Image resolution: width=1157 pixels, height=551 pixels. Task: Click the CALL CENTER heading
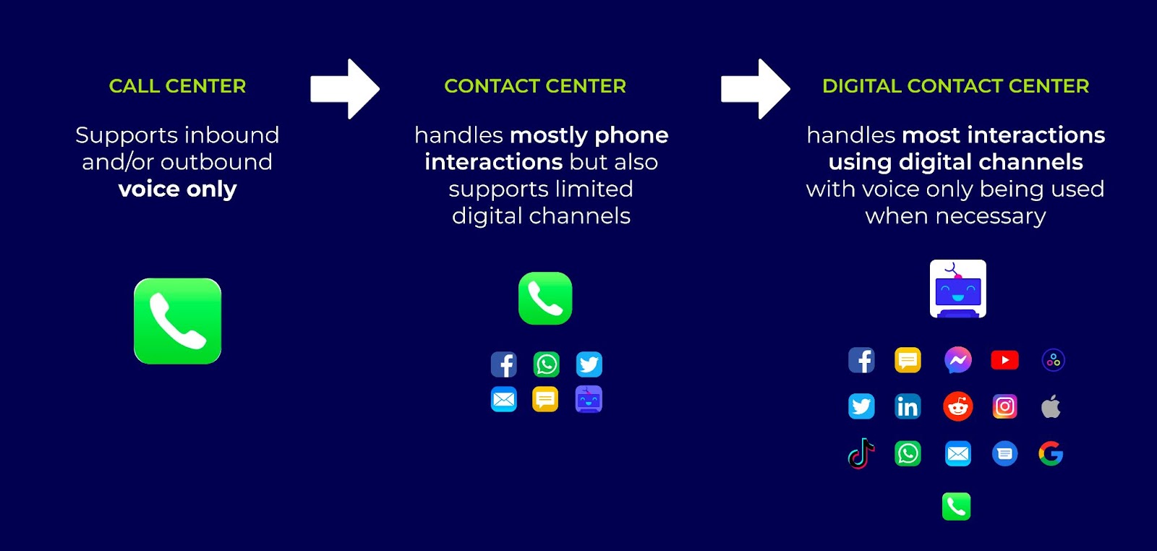click(x=177, y=86)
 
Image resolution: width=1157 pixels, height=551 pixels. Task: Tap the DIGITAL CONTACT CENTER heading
click(x=955, y=86)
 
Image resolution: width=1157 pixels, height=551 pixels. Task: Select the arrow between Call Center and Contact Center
click(x=345, y=89)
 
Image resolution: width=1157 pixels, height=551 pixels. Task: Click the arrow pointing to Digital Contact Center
click(x=756, y=89)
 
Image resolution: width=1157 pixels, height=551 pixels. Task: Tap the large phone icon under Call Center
click(x=178, y=321)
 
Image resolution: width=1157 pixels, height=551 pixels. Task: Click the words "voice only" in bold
click(x=177, y=189)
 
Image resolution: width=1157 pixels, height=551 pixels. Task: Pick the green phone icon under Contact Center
click(x=545, y=299)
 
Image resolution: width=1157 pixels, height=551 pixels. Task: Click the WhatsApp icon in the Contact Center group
click(x=547, y=364)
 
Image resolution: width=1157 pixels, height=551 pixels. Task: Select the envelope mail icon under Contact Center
click(x=503, y=399)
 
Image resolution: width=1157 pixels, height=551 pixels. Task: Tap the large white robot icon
click(x=958, y=289)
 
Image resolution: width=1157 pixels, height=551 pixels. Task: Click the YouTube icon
click(x=1004, y=360)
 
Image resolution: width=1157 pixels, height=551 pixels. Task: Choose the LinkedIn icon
click(x=908, y=406)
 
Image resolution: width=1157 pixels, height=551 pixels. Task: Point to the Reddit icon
click(x=958, y=406)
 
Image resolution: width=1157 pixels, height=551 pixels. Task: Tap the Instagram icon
click(x=1004, y=406)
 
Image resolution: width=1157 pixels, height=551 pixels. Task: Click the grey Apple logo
click(x=1051, y=406)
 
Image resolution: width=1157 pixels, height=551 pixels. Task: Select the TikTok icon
click(x=861, y=453)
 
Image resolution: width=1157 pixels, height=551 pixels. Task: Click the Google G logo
click(x=1051, y=453)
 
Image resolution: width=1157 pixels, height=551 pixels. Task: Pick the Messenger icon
click(x=958, y=360)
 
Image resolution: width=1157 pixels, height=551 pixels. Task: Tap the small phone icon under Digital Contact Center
click(x=957, y=507)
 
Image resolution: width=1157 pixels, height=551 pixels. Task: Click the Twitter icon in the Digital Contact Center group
click(x=861, y=406)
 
